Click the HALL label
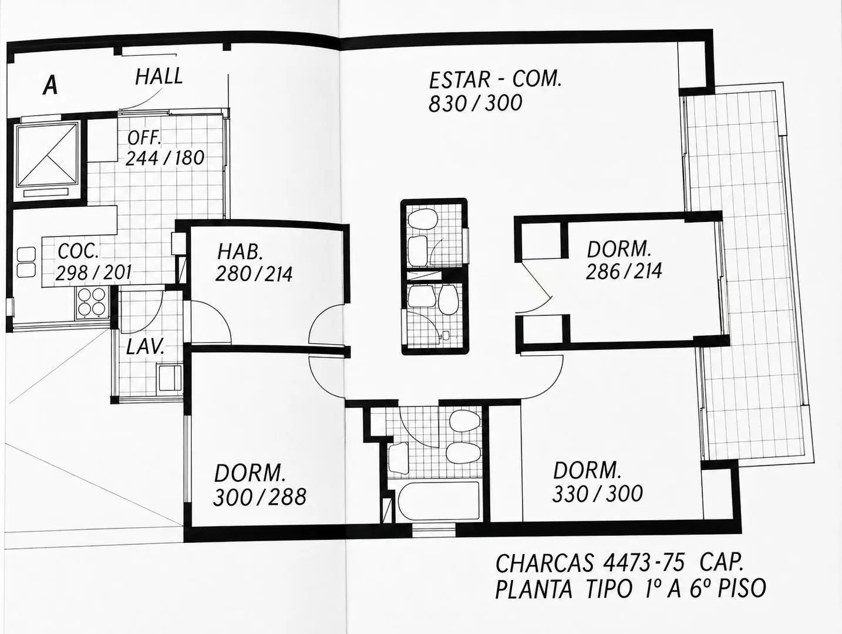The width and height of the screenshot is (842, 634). (159, 76)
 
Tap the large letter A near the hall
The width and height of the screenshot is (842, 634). (50, 86)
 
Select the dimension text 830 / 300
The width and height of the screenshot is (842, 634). (475, 103)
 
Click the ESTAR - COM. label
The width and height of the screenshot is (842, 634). (495, 80)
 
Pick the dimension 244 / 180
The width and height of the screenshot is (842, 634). (165, 158)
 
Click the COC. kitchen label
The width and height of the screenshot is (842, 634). (78, 251)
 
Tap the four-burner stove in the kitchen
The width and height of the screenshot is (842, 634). (92, 302)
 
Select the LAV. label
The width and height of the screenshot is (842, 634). (146, 347)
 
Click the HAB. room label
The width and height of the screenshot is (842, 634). (240, 252)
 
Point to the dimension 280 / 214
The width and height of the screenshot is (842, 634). (254, 274)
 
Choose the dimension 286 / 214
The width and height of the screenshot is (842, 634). (624, 272)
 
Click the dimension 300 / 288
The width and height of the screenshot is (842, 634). (260, 497)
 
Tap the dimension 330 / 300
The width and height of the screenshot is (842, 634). (597, 494)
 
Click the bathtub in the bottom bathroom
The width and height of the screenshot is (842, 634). (438, 501)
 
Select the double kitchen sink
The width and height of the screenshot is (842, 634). (26, 262)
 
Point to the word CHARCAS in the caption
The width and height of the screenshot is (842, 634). (545, 564)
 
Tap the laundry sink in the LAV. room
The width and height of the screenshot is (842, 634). (169, 378)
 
